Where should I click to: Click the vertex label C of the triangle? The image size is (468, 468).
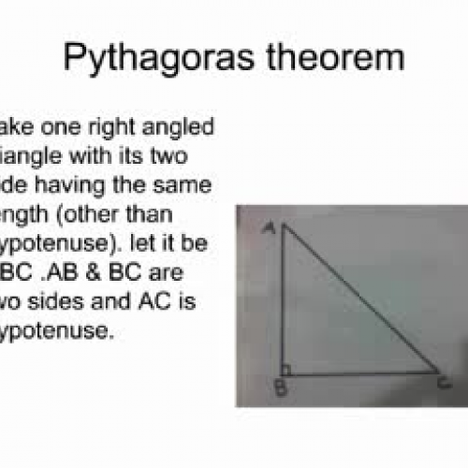tap(444, 381)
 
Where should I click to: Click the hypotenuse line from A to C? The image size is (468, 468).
tap(360, 300)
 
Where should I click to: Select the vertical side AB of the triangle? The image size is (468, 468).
tap(281, 300)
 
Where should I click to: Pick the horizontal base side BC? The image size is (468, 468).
tap(360, 373)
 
